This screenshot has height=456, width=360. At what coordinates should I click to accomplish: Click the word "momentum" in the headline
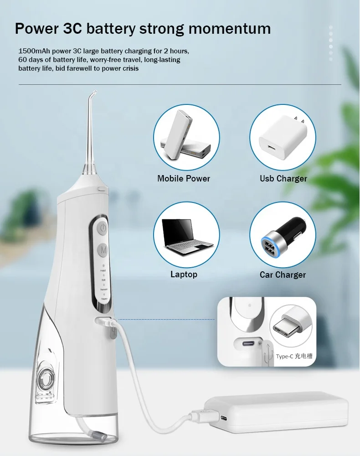230,28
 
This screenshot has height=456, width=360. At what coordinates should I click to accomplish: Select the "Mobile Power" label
184,178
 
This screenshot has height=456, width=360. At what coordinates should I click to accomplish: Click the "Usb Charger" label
283,178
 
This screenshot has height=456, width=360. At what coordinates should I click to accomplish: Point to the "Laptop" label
184,274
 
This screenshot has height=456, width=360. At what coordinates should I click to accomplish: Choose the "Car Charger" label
283,275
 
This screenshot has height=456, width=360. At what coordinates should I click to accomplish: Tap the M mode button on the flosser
104,250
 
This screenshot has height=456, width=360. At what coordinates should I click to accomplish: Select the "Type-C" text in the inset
284,356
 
